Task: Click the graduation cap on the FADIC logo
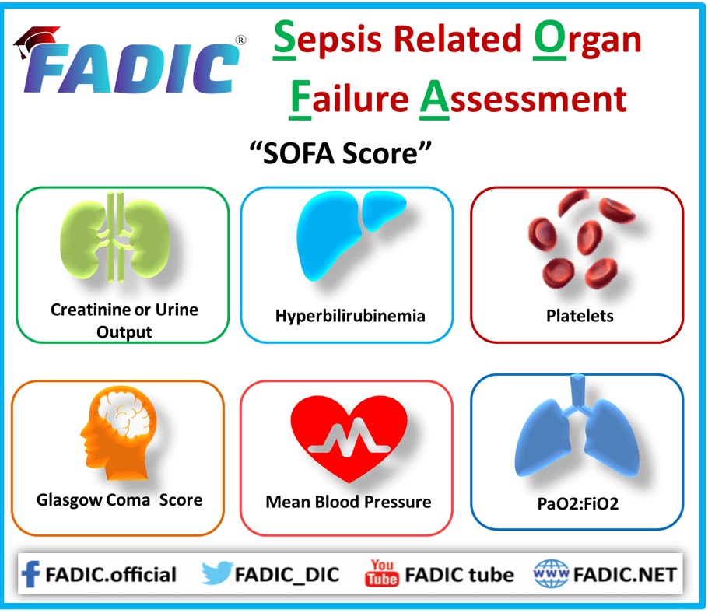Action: [x=36, y=40]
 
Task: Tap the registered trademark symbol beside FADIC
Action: [x=241, y=40]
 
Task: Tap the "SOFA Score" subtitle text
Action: [x=341, y=153]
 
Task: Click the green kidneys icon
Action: [x=116, y=238]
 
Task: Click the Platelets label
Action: [x=580, y=316]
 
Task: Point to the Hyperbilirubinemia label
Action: [x=350, y=316]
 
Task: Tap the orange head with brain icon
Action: [x=118, y=433]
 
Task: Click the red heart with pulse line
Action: [x=349, y=438]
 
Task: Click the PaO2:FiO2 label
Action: [x=577, y=503]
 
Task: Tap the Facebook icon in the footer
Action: [x=30, y=574]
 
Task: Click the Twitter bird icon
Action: [x=217, y=573]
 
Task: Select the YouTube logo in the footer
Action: [x=381, y=573]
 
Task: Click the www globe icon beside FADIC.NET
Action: [x=551, y=573]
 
